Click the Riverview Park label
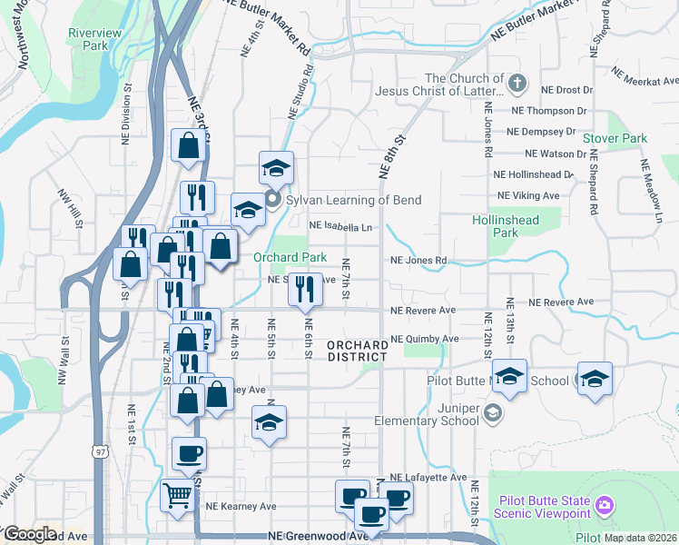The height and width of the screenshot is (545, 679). pyautogui.click(x=94, y=39)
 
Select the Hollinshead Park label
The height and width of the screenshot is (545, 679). pyautogui.click(x=506, y=226)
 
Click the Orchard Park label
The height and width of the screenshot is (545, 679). pyautogui.click(x=290, y=257)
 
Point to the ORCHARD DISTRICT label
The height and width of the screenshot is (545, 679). pyautogui.click(x=358, y=352)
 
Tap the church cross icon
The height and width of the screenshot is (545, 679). pyautogui.click(x=517, y=84)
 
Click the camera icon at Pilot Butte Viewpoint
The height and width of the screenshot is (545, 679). pyautogui.click(x=605, y=504)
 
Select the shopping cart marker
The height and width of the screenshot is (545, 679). pyautogui.click(x=177, y=495)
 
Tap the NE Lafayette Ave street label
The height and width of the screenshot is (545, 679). pyautogui.click(x=428, y=477)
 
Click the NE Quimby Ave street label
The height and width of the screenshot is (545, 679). pyautogui.click(x=424, y=339)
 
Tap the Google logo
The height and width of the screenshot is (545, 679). pyautogui.click(x=30, y=534)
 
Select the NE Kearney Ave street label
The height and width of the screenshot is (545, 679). pyautogui.click(x=241, y=506)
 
